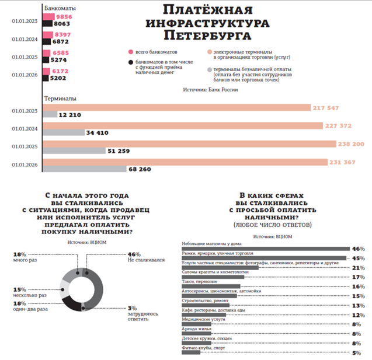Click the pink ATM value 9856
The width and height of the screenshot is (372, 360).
[63, 17]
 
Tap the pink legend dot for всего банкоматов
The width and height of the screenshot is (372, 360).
[130, 51]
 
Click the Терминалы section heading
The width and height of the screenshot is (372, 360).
[60, 99]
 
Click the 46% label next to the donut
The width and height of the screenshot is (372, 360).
[134, 254]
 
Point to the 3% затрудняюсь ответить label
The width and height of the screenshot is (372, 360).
[141, 313]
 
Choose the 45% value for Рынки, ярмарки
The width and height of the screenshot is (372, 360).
[358, 258]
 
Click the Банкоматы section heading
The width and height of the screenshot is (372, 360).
[60, 9]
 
